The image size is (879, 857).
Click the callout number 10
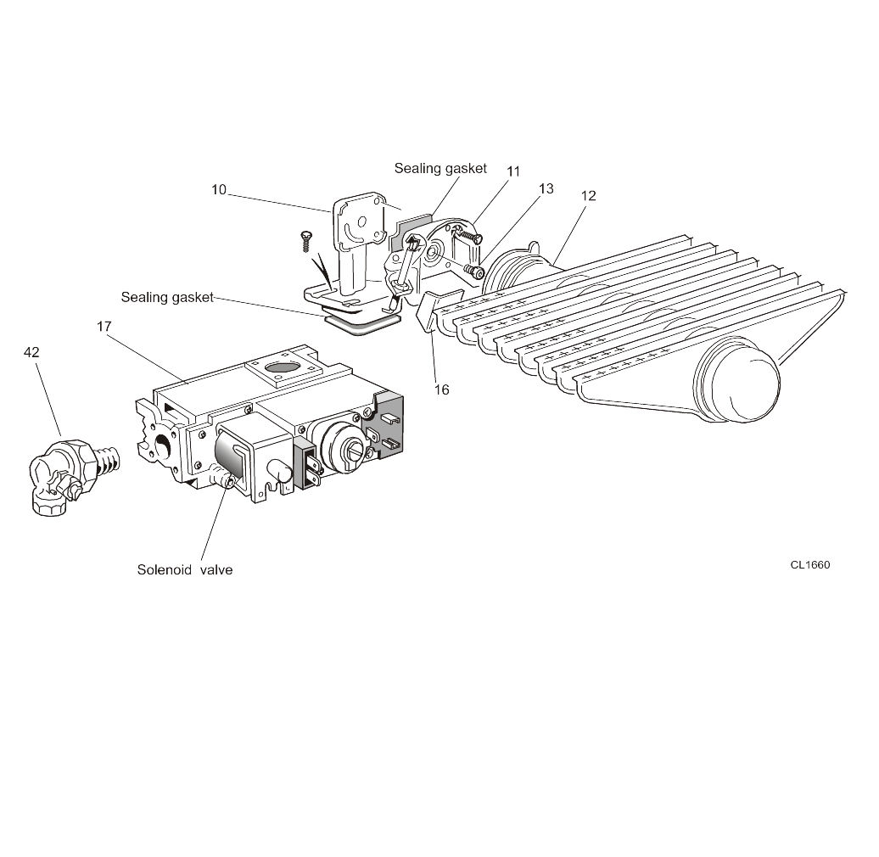(x=219, y=189)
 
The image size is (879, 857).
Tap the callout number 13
(x=546, y=188)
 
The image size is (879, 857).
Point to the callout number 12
(x=588, y=195)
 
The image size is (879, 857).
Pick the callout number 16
(x=441, y=389)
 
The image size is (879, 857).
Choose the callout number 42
(x=31, y=352)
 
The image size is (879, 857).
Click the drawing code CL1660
(x=809, y=565)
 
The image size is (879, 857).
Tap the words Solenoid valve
(x=185, y=570)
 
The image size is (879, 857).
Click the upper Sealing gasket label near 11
(x=440, y=168)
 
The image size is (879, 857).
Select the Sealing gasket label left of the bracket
(x=167, y=297)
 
